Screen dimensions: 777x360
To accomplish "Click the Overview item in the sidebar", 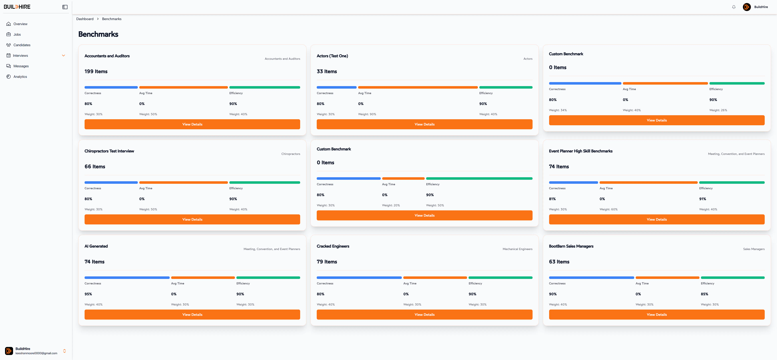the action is (20, 24).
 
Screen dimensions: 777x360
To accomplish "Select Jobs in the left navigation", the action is (17, 34).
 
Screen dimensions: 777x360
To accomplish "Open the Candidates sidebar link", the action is (22, 45).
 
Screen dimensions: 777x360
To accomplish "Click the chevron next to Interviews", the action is (63, 55).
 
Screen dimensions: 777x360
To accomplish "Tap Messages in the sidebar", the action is (21, 66).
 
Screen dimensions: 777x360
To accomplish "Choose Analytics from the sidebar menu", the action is (20, 77).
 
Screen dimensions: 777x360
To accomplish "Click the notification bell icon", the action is (734, 7).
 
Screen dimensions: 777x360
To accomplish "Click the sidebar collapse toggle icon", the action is (65, 7).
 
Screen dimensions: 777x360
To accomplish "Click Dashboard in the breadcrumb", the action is (85, 19).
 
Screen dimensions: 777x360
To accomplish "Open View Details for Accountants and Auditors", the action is (192, 124).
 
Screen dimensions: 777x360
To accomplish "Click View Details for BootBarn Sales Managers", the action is (657, 314).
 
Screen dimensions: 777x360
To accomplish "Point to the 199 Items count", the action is (96, 72).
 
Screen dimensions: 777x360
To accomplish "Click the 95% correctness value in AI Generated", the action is (88, 294).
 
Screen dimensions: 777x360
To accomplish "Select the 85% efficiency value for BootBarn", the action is (704, 294).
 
